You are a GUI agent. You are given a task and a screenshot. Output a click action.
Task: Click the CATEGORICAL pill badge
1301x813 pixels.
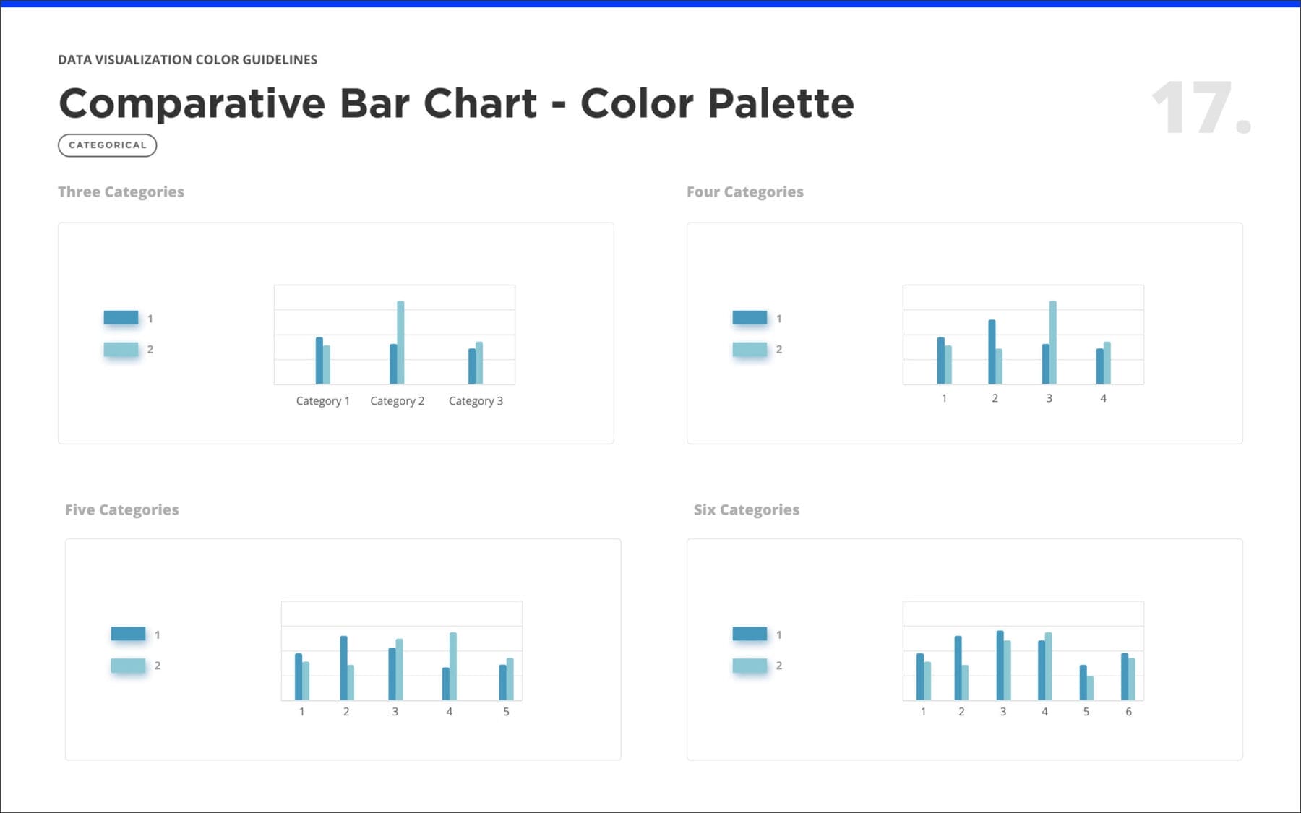point(107,145)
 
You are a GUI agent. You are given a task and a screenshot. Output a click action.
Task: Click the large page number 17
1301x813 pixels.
point(1201,108)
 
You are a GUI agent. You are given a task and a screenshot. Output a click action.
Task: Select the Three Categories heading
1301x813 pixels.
point(121,192)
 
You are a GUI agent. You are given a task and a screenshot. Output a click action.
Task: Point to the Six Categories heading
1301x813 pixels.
point(747,509)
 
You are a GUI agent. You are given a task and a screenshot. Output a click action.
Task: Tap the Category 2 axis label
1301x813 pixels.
point(397,401)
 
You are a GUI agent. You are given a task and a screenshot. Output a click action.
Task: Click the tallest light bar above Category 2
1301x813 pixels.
point(400,343)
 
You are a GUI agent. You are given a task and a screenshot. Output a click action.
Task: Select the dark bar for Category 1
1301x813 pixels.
point(319,361)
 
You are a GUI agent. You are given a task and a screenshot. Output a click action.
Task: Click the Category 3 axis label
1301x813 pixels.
point(476,401)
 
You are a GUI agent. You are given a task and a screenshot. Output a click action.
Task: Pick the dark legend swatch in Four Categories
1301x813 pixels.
point(750,317)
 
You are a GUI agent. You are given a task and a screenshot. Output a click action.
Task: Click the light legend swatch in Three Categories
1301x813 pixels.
point(121,349)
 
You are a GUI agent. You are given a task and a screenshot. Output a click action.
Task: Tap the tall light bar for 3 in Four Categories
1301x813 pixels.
point(1052,343)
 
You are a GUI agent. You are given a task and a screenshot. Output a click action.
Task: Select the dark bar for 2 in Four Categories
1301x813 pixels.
point(992,352)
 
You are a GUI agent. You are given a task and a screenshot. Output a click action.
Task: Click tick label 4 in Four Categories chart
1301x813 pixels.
point(1103,398)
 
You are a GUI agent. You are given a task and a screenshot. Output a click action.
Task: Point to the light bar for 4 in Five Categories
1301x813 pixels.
point(453,666)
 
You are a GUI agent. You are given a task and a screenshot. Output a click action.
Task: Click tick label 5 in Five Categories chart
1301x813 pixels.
point(506,712)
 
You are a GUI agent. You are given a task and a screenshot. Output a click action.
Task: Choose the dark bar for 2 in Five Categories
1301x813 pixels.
point(343,668)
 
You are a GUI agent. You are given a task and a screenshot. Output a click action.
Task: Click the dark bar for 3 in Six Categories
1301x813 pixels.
point(1000,666)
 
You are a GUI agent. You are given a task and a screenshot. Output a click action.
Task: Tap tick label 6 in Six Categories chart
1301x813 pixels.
point(1128,712)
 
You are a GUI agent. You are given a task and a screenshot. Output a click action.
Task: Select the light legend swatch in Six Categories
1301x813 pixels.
point(750,666)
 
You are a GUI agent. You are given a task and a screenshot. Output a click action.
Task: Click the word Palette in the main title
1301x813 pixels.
point(781,103)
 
